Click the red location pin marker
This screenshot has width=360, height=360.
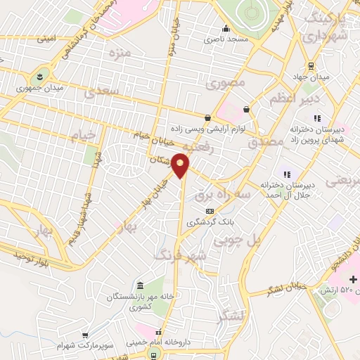point(181,166)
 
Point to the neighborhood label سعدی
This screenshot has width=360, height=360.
point(99,92)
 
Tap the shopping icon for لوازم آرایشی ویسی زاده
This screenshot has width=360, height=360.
point(207,118)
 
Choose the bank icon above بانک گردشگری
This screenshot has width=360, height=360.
point(209,211)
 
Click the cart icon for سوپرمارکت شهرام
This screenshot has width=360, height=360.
point(85,335)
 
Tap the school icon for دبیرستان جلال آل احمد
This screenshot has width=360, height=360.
point(286,174)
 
